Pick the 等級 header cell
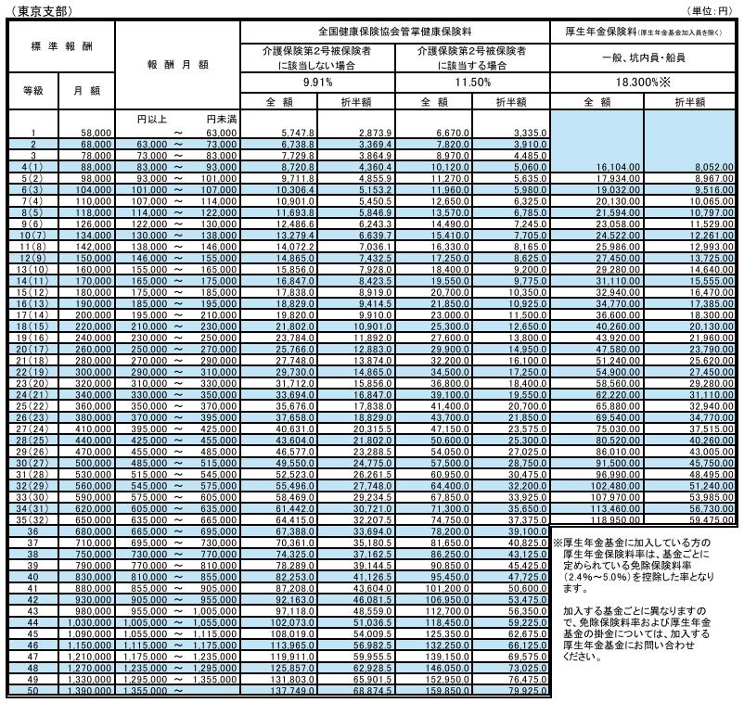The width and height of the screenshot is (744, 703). [x=32, y=91]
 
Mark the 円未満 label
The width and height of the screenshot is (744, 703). [x=221, y=119]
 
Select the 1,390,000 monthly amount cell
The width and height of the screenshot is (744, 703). [x=91, y=692]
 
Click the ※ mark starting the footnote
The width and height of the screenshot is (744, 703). [x=558, y=542]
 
